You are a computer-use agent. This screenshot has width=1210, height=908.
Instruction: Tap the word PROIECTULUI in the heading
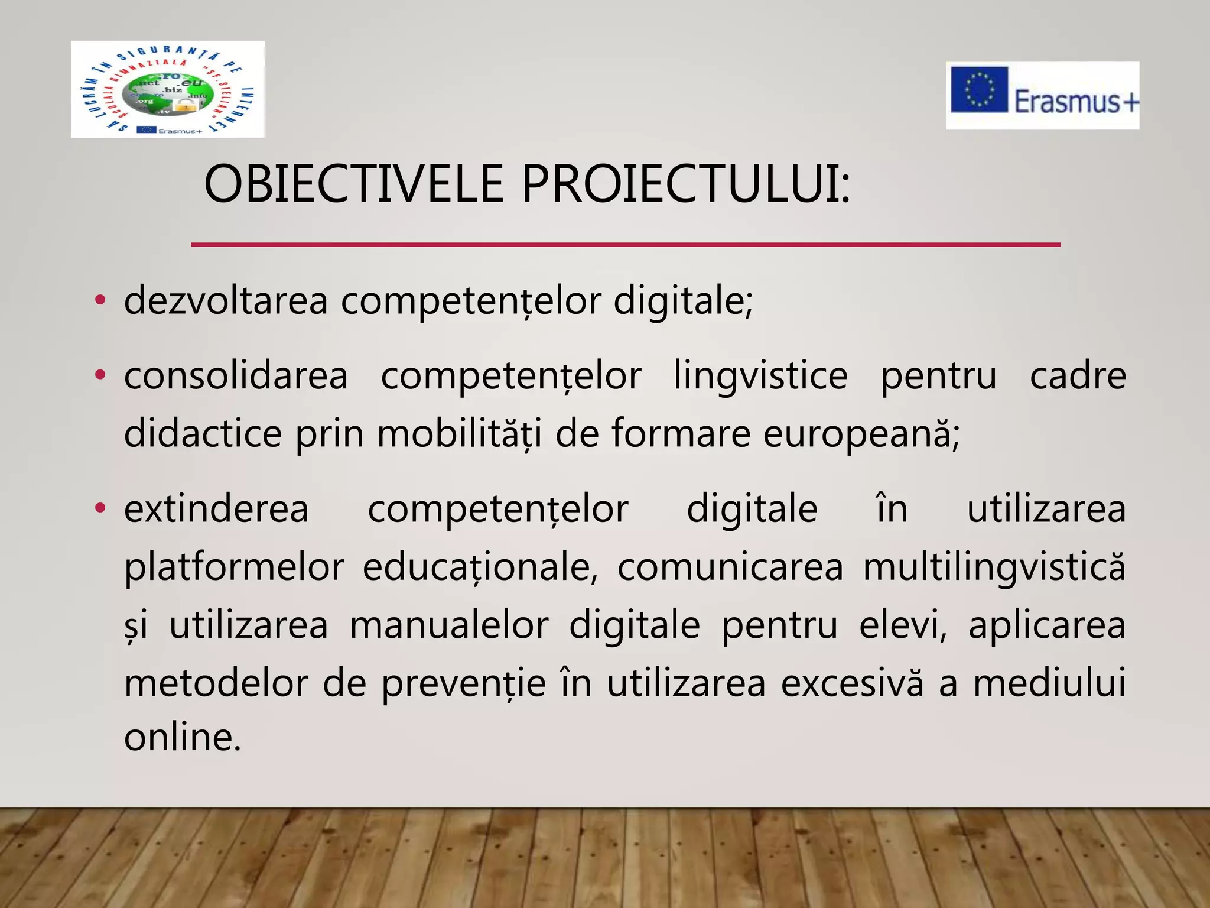tap(685, 184)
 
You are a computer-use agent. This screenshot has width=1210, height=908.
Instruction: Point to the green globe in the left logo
tap(167, 95)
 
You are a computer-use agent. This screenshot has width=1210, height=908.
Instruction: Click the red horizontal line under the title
tap(625, 244)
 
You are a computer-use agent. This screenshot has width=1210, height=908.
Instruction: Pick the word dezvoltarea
tap(226, 300)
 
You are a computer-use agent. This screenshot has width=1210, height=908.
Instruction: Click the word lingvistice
tap(760, 376)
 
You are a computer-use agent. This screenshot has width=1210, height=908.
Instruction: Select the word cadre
tap(1078, 376)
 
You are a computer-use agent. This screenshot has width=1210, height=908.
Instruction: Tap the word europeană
tap(860, 434)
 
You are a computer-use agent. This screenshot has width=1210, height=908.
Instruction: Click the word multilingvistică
tap(994, 567)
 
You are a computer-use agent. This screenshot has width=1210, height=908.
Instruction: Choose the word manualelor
tap(449, 625)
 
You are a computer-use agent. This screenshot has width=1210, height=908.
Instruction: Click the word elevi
tap(902, 625)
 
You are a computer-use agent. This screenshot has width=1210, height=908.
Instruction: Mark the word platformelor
tap(234, 567)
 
